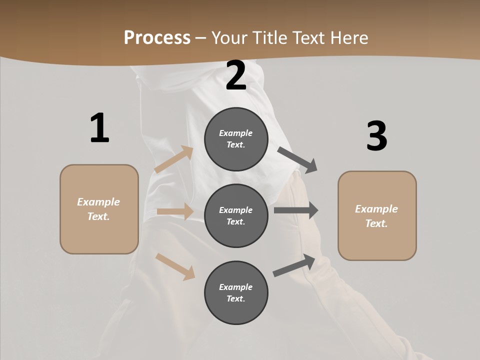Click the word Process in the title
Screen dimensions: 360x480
(x=157, y=38)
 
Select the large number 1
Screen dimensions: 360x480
(x=99, y=128)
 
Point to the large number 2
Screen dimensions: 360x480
(x=236, y=75)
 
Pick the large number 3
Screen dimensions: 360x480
(x=376, y=136)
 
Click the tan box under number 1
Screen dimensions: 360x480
(x=99, y=209)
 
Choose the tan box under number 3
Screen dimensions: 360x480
(x=377, y=216)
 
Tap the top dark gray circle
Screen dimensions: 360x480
(x=236, y=139)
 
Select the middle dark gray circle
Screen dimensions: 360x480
(x=236, y=215)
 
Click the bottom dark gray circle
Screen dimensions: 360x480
(x=236, y=292)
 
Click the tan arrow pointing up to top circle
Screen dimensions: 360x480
(x=173, y=159)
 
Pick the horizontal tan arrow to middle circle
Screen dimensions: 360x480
(x=175, y=211)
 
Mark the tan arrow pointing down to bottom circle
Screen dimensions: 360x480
(x=175, y=266)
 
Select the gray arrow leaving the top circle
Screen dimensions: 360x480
(x=297, y=159)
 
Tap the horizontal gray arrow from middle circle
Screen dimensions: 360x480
(x=296, y=210)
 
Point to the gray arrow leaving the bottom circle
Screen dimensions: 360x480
(x=294, y=265)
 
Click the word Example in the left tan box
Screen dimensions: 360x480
(x=98, y=202)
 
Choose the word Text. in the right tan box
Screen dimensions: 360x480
(x=376, y=223)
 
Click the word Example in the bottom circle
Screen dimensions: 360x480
(x=236, y=287)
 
